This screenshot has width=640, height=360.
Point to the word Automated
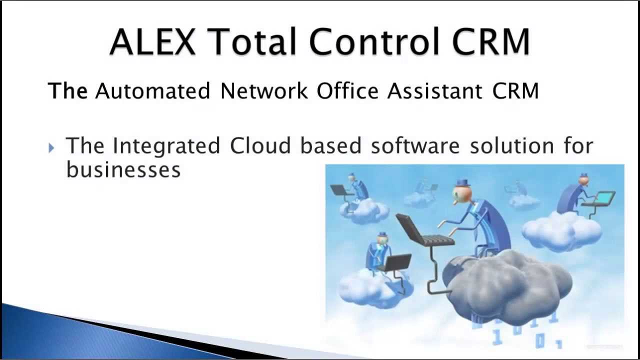coord(153,91)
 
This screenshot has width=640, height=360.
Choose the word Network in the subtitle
coord(264,91)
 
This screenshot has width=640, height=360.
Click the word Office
coord(347,91)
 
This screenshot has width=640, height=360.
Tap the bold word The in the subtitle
coord(67,91)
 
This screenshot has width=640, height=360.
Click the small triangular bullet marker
coord(51,147)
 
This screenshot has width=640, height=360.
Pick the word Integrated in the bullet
coord(166,146)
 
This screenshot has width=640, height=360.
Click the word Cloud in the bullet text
coord(260,146)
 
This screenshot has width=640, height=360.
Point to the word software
coord(415,146)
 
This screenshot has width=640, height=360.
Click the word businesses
coord(123,170)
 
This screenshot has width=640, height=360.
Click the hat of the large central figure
coord(462,183)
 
